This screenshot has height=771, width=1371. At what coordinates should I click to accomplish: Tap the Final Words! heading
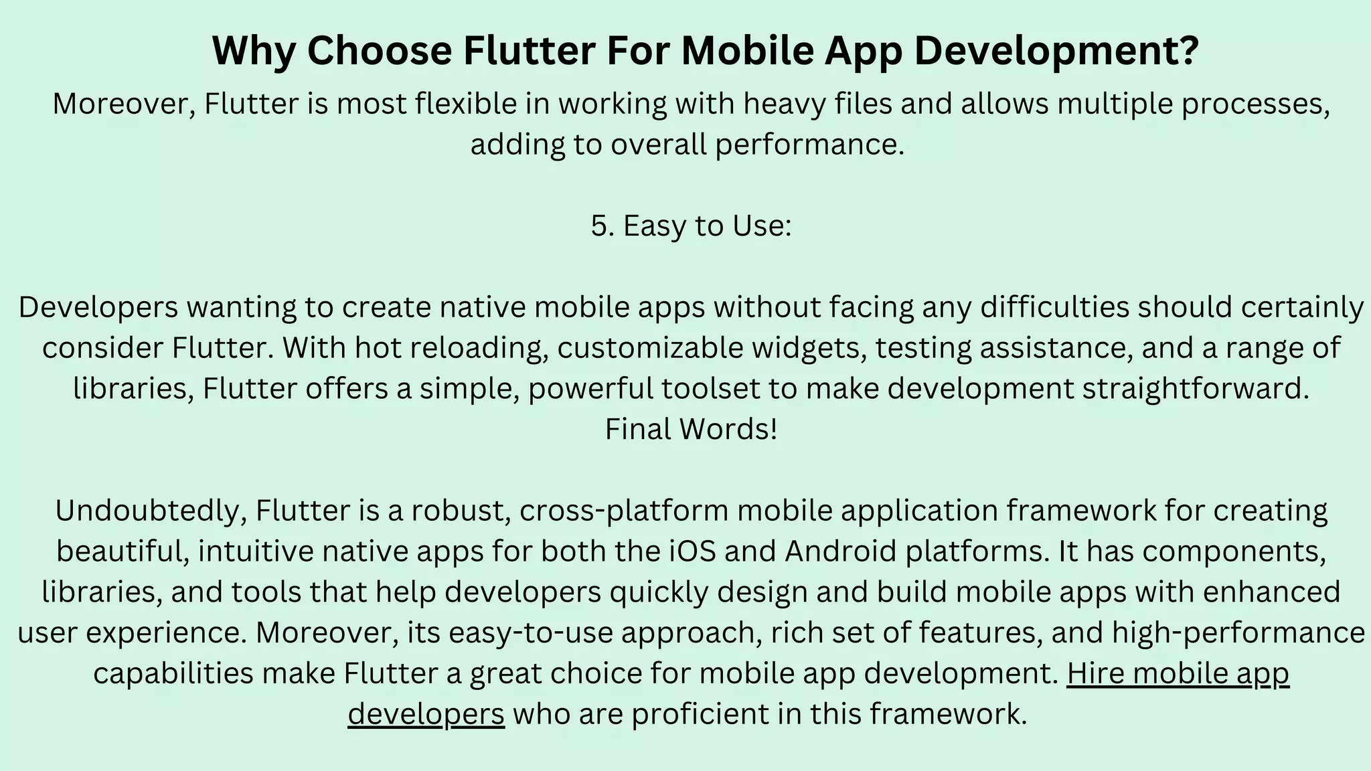(x=691, y=430)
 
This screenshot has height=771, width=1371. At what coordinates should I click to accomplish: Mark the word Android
(x=839, y=552)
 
